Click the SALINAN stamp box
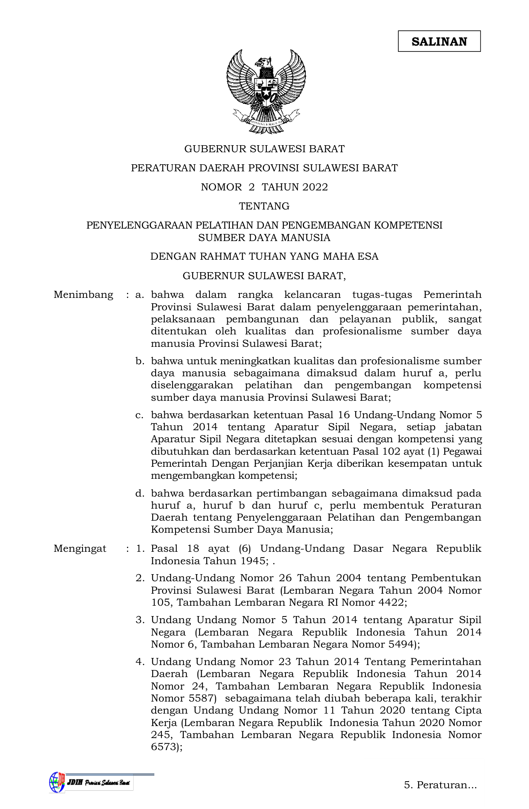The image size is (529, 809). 439,41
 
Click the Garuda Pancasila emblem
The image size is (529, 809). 266,91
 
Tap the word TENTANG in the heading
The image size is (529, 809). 264,206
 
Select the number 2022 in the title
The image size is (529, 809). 315,187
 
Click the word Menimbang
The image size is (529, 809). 83,295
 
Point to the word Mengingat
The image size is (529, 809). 80,549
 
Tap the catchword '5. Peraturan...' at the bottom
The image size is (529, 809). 440,785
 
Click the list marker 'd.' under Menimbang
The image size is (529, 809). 140,494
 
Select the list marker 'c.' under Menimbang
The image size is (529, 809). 140,415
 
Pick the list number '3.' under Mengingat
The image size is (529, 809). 140,620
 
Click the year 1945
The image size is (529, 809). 251,561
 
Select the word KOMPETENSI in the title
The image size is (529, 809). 408,225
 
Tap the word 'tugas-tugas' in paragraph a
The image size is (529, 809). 382,295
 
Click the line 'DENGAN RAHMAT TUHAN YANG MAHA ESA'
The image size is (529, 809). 264,256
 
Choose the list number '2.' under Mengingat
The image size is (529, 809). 140,578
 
